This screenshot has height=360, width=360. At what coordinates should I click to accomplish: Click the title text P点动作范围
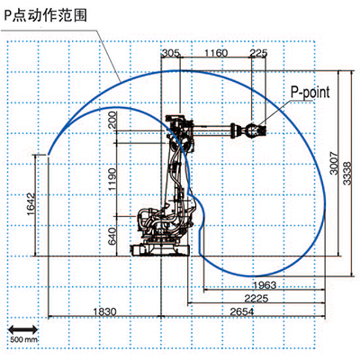tap(46, 14)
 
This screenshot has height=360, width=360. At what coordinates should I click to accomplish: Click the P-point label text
tap(310, 93)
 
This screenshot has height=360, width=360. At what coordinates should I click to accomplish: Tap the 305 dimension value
tap(171, 53)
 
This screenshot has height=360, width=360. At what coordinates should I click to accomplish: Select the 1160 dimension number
tap(216, 53)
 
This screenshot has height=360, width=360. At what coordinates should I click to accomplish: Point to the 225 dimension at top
tap(258, 53)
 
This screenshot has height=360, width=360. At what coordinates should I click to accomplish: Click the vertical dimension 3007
tap(334, 163)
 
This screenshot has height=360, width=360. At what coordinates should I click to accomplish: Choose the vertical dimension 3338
tap(346, 174)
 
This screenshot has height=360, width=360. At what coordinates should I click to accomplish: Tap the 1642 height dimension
tap(31, 204)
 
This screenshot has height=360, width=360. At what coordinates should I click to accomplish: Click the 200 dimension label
tap(112, 120)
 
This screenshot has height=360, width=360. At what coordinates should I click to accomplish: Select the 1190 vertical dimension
tap(112, 179)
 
